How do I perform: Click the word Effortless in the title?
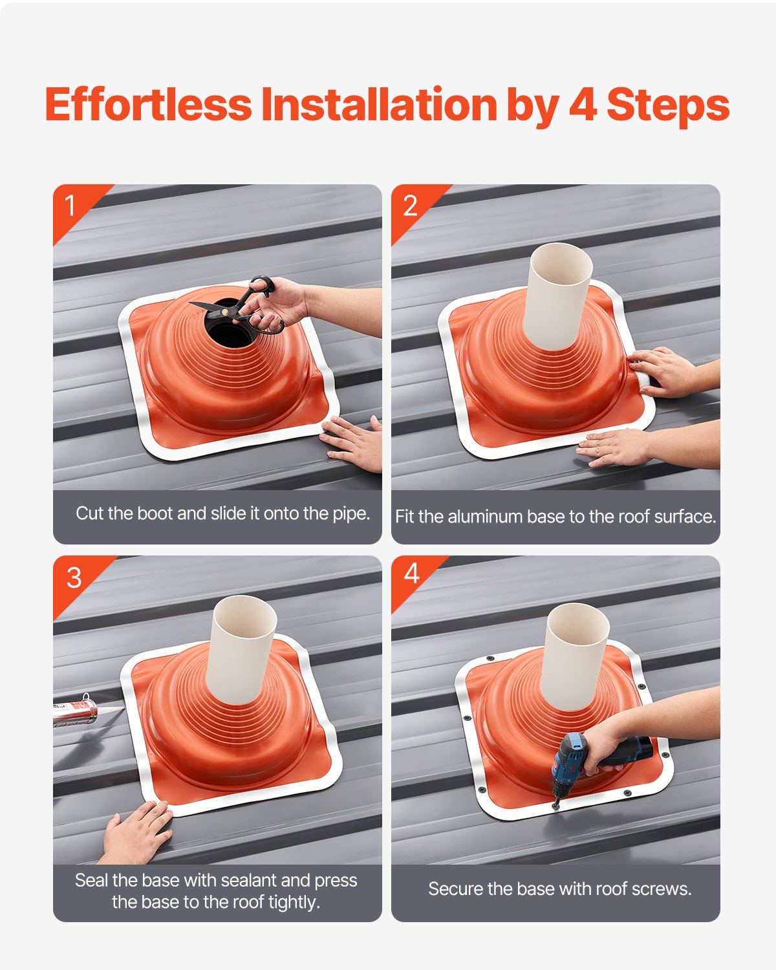pos(148,105)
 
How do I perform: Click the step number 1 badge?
pos(70,206)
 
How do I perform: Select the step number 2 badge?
pos(410,206)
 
